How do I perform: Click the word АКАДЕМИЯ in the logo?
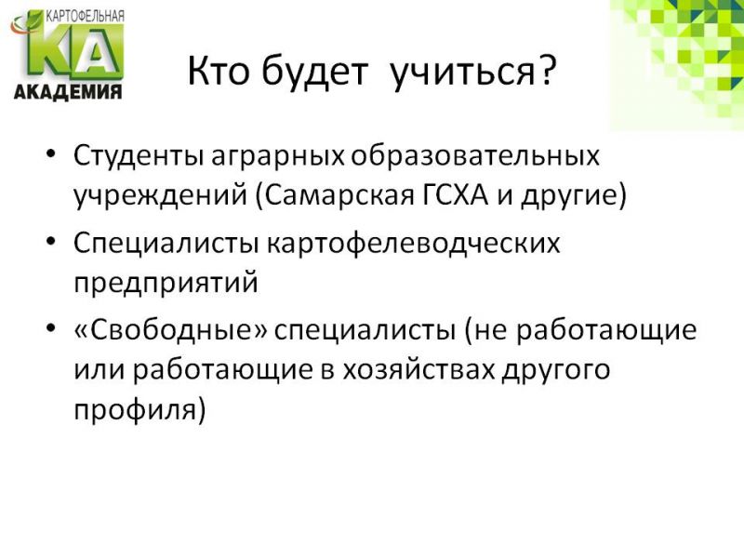click(x=68, y=91)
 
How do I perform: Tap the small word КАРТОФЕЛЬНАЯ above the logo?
click(x=85, y=17)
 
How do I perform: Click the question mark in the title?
click(x=547, y=72)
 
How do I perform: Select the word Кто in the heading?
click(x=218, y=72)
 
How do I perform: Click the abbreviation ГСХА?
click(x=455, y=194)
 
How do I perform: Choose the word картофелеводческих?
click(x=413, y=244)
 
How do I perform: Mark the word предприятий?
click(x=166, y=284)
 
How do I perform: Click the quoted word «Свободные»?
click(x=171, y=329)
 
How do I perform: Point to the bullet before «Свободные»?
click(x=52, y=328)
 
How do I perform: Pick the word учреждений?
click(x=160, y=196)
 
